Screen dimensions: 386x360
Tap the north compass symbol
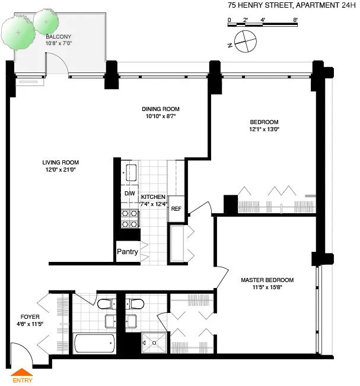pos(244,42)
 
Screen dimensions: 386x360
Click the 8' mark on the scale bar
pos(295,20)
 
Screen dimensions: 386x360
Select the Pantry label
pos(127,252)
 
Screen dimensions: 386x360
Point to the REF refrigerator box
pos(176,209)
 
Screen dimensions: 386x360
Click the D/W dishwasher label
pos(129,194)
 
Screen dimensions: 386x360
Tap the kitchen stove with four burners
pos(129,219)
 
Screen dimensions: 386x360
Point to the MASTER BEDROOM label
pos(267,280)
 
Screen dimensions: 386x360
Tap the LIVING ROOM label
pos(60,162)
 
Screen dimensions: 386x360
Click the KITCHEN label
pos(153,197)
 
